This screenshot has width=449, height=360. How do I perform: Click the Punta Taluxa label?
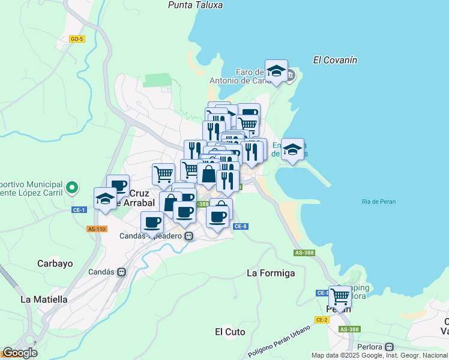click(195, 5)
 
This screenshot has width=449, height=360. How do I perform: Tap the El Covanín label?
click(335, 60)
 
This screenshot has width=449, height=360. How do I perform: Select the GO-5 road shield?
click(77, 39)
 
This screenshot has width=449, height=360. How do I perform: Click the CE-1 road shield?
click(79, 209)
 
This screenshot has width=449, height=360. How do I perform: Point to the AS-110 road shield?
click(97, 229)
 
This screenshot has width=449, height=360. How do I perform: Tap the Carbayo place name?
click(55, 263)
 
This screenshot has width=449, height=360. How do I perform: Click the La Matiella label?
click(44, 299)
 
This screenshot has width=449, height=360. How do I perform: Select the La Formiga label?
click(271, 273)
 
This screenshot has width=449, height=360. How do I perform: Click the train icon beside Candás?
click(122, 272)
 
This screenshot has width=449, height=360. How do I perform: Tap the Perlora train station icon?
click(389, 346)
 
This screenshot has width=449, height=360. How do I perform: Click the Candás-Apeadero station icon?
click(188, 236)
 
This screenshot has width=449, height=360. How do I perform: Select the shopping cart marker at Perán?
click(340, 296)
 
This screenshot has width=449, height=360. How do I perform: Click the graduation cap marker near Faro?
click(276, 71)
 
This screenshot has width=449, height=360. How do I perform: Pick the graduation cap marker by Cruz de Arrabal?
click(105, 199)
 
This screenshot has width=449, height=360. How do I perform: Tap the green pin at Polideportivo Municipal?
click(71, 188)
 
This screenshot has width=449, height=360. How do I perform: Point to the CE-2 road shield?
click(322, 320)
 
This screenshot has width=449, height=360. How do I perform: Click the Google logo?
click(19, 353)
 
